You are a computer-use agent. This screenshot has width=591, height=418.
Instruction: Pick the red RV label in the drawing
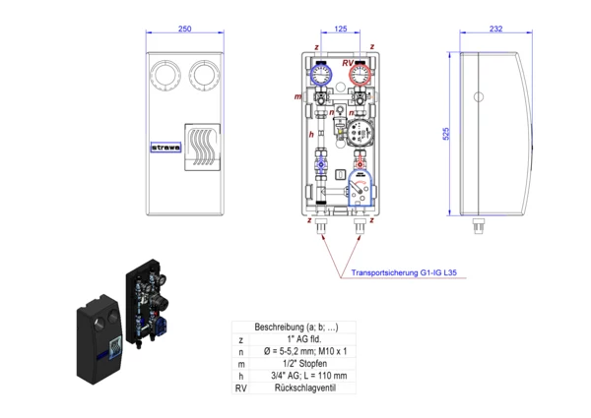click(x=348, y=63)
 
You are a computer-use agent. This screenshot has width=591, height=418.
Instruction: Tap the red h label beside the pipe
click(x=311, y=133)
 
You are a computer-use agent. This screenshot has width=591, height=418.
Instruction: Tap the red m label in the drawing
click(x=297, y=96)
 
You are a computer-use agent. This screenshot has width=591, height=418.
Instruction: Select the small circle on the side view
click(x=478, y=98)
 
